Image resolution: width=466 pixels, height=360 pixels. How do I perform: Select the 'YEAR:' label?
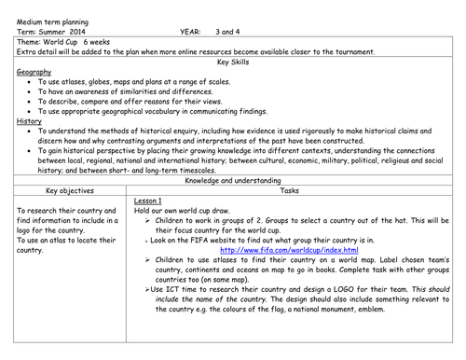click(x=191, y=30)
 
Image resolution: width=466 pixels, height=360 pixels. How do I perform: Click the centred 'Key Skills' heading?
click(x=233, y=62)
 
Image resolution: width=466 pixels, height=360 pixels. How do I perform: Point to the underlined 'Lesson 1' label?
click(x=148, y=201)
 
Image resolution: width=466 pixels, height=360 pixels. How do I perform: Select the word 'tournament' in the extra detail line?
click(x=348, y=51)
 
